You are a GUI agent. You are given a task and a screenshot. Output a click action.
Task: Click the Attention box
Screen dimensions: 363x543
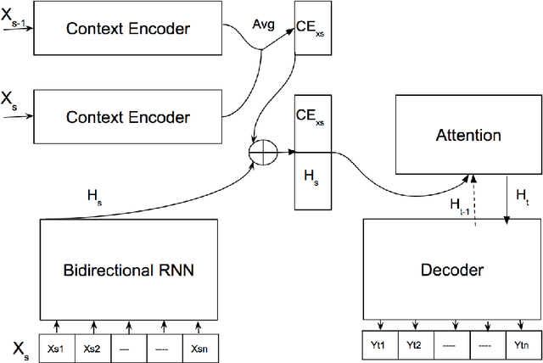[467, 135]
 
